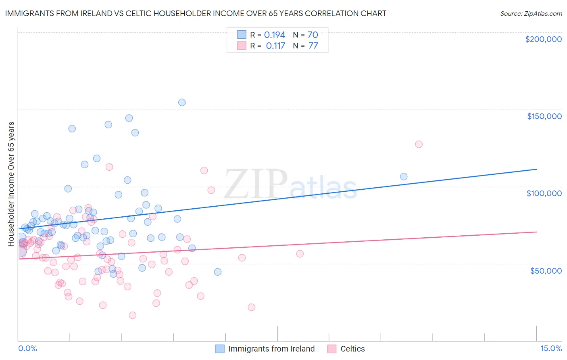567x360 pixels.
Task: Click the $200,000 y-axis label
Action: (543, 39)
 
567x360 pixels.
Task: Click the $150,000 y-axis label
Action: (544, 116)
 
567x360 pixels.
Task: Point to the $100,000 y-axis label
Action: (544, 193)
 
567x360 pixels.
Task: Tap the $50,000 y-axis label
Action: (546, 270)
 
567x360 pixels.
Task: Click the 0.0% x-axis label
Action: (27, 348)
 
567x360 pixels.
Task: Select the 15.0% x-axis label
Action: (551, 348)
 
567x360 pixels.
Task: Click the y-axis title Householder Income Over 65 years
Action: (11, 184)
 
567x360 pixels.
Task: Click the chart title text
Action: (196, 13)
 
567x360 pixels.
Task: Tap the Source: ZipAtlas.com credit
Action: (531, 13)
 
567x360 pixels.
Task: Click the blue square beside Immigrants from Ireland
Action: (220, 349)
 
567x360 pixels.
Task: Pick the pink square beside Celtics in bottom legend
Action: (332, 349)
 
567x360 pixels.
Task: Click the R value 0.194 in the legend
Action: (274, 35)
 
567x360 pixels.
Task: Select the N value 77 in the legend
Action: (313, 46)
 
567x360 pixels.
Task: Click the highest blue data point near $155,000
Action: (182, 103)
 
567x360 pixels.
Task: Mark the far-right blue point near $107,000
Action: (404, 176)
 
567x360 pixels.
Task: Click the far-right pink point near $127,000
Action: (419, 144)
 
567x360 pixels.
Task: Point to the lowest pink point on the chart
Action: (132, 315)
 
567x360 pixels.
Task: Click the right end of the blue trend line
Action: (536, 169)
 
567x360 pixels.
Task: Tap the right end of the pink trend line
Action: (536, 232)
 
